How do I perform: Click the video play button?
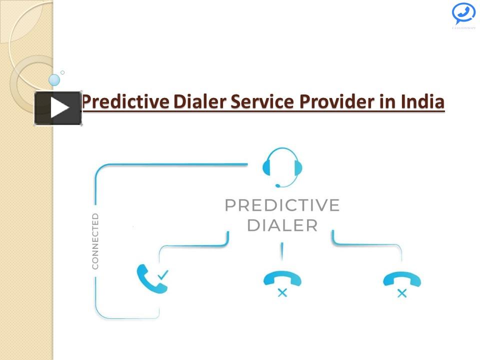(x=58, y=108)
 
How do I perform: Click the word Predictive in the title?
(x=125, y=102)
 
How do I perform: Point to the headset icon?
(x=282, y=167)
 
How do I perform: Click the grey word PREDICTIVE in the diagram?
(x=282, y=205)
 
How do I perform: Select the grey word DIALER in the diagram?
(x=282, y=225)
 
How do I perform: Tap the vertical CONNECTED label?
(x=95, y=241)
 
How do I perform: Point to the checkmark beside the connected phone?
(x=163, y=274)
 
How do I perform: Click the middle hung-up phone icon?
(x=282, y=278)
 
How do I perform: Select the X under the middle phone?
(x=282, y=293)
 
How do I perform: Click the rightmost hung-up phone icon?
(x=401, y=278)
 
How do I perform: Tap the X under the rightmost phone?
(x=401, y=293)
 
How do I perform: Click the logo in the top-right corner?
(x=463, y=15)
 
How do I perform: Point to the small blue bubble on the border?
(x=54, y=79)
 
